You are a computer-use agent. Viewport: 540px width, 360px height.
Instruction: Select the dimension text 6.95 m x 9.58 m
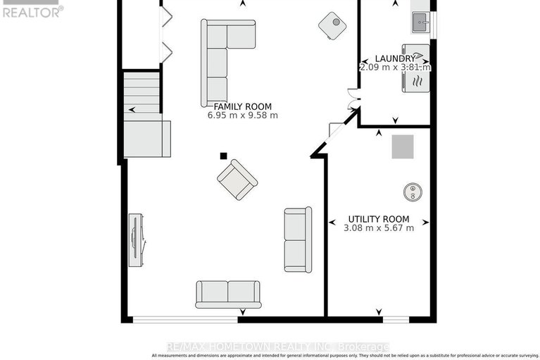tap(242, 116)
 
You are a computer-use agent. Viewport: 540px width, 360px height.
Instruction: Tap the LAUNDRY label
tap(395, 58)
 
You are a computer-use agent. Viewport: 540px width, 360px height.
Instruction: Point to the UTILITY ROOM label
tap(379, 219)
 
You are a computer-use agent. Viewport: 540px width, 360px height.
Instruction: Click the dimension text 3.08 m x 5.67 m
tap(379, 228)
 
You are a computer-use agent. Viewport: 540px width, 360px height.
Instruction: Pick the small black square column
tap(223, 156)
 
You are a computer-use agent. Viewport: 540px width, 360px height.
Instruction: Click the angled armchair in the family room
tap(237, 180)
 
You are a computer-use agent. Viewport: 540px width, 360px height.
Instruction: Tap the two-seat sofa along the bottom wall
tap(227, 294)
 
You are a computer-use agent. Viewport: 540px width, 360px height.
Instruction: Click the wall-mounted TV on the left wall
tap(136, 240)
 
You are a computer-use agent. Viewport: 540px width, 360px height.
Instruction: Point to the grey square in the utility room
tap(403, 147)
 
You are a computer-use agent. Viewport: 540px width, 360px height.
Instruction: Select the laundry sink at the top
tap(421, 23)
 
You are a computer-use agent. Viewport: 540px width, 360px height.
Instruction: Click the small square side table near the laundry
tap(332, 26)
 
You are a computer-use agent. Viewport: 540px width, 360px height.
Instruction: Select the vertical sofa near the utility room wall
tap(297, 240)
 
